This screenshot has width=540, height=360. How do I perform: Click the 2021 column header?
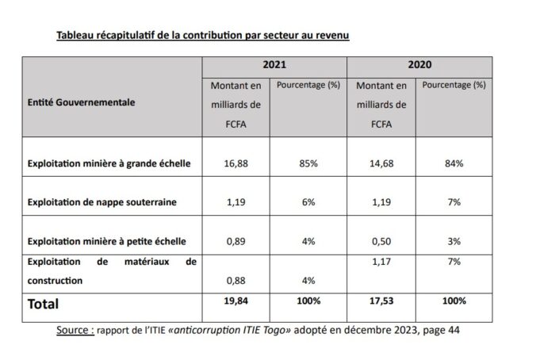coord(274,68)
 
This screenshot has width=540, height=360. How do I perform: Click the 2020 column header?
coord(421,68)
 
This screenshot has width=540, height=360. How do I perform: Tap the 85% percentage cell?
coord(308,165)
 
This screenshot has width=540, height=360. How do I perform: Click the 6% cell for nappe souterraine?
coord(308,202)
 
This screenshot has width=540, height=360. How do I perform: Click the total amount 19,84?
coord(224,302)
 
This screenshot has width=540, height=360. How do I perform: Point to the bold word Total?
coord(45,304)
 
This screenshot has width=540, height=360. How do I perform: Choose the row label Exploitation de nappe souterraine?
coord(101,202)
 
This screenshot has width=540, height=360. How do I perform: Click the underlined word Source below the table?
coord(76,329)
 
